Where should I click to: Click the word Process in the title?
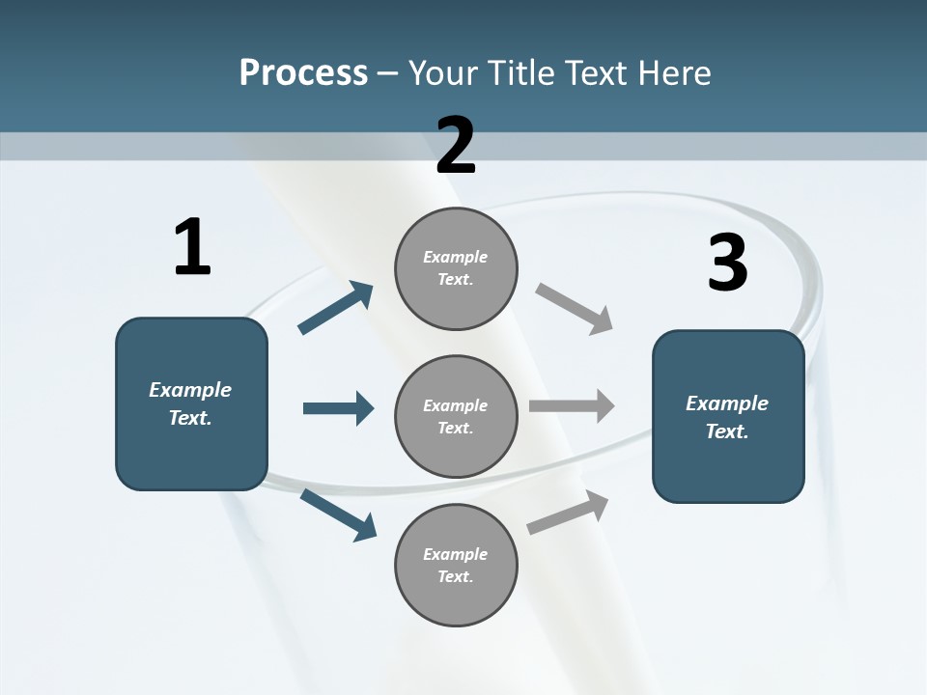click(x=303, y=72)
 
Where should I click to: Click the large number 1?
click(x=192, y=247)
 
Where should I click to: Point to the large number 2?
click(x=456, y=146)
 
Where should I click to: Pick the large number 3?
click(x=727, y=263)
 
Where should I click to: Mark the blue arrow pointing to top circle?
click(x=335, y=308)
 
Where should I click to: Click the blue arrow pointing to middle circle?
click(x=338, y=408)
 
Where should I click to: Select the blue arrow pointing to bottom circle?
click(x=338, y=514)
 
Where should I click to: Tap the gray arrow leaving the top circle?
click(x=575, y=308)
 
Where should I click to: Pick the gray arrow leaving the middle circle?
click(x=572, y=405)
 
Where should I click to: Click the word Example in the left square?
click(x=190, y=390)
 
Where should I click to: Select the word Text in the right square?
click(x=725, y=431)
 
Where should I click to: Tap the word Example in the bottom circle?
click(x=455, y=554)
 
